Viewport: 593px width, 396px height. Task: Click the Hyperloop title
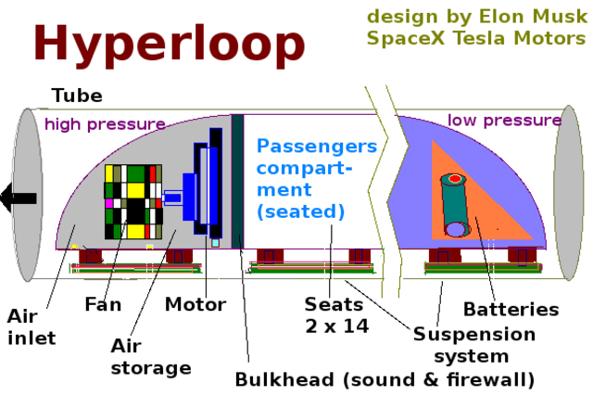point(170,44)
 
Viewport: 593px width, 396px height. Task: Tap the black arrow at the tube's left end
point(19,197)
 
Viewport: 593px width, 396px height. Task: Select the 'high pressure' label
point(105,124)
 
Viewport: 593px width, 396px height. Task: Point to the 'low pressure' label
point(504,121)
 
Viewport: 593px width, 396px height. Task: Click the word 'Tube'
point(77,96)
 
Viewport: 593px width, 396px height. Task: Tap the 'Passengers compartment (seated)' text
point(316,179)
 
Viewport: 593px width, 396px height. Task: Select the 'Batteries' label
point(511,309)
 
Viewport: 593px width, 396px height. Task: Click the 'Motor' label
point(196,304)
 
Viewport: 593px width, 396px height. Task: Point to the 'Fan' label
point(103,304)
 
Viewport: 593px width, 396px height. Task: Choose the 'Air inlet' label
point(32,327)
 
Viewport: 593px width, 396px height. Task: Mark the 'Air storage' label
point(150,356)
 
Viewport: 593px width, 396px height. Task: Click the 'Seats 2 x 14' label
point(336,315)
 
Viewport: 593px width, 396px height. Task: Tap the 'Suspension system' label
point(473,344)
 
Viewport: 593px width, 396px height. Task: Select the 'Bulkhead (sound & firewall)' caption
point(385,379)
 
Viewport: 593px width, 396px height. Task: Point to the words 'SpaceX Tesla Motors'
point(475,38)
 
